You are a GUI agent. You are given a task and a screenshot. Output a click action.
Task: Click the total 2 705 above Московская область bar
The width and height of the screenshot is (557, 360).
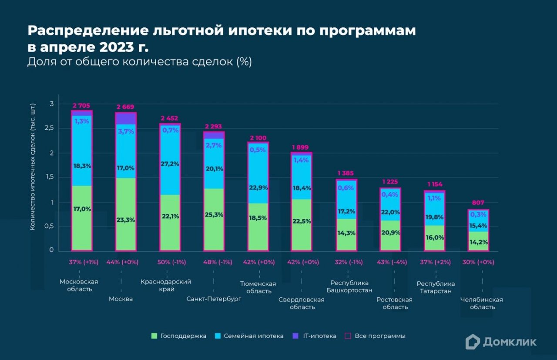point(82,105)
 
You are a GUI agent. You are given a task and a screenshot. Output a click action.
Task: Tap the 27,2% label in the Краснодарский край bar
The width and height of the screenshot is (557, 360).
point(170,163)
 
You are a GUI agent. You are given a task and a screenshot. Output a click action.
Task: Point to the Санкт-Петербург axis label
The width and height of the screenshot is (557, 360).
point(214,299)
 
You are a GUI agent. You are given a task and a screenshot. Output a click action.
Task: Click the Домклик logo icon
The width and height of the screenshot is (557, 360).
point(473,342)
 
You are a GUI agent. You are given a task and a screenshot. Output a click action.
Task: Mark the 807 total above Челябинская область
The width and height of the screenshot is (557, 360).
point(478,203)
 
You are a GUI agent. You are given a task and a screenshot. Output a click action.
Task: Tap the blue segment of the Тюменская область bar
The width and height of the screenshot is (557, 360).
point(258,174)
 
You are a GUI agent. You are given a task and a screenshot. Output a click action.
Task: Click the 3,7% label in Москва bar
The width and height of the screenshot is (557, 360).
point(126,131)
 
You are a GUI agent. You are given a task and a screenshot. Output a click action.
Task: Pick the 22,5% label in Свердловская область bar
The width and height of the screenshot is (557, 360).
point(302,221)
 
